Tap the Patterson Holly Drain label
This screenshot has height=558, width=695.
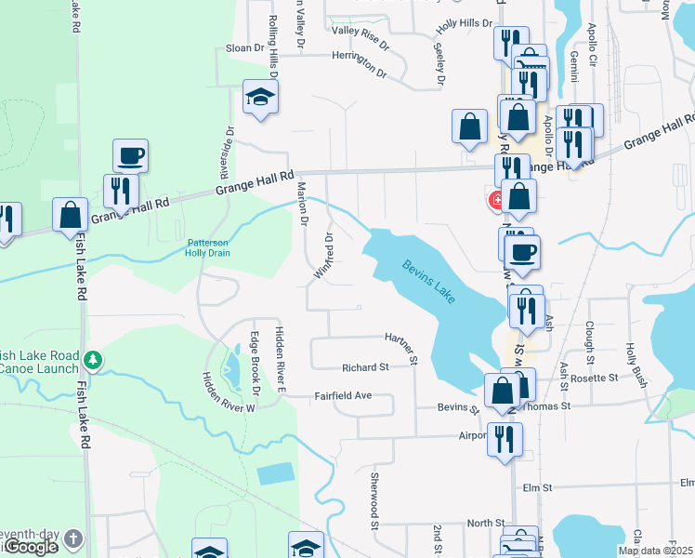[206, 246]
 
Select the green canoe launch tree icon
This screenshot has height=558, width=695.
[92, 359]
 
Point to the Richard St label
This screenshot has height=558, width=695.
[363, 367]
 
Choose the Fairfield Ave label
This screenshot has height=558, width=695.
[343, 395]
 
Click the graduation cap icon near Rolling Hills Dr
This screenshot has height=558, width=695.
[260, 96]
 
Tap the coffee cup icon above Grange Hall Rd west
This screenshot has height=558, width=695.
[131, 155]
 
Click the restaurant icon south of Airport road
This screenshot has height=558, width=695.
[505, 438]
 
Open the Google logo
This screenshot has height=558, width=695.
[31, 547]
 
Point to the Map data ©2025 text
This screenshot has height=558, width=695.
[655, 551]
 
